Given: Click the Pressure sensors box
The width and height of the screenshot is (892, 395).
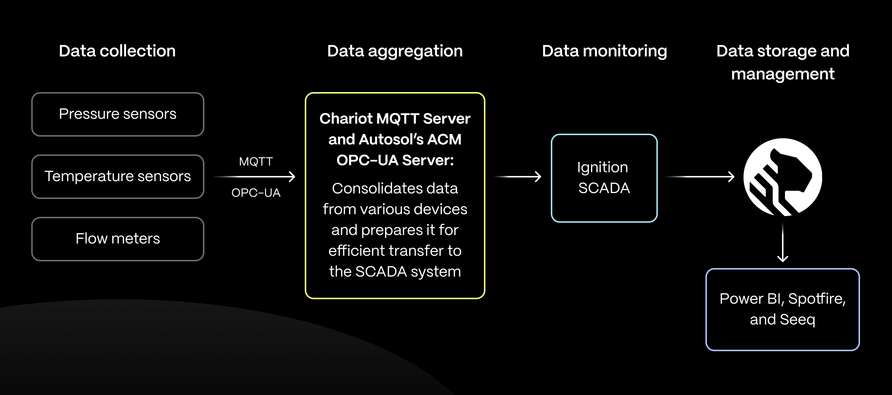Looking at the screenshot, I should (118, 114).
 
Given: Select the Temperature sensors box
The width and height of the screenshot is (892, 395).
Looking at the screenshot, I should (118, 177).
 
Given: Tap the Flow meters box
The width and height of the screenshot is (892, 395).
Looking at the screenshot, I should (118, 239).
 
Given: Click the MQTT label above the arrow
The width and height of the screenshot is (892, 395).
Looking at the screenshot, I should (256, 161).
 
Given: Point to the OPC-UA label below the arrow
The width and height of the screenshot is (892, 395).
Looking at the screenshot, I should (256, 193).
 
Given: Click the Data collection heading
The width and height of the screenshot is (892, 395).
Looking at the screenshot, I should (117, 51).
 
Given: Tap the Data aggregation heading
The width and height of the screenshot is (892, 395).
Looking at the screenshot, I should (395, 51).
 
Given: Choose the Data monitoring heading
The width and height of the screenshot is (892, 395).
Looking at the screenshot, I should (604, 51).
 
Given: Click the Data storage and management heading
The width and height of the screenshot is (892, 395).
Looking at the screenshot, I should (783, 62).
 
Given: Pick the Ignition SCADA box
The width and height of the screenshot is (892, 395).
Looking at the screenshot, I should (604, 178).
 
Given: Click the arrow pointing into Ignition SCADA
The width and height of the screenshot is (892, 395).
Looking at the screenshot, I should (518, 177).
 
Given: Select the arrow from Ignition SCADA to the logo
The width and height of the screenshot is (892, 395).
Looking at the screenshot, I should (700, 177).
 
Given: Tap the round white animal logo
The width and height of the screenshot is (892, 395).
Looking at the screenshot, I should (783, 177).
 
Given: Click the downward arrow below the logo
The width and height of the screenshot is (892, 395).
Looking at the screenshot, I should (783, 243).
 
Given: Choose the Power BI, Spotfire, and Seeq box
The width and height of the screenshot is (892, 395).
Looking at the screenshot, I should (782, 309).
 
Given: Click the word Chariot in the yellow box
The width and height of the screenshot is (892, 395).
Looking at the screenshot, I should (346, 119).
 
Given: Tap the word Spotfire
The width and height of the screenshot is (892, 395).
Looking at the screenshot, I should (817, 299).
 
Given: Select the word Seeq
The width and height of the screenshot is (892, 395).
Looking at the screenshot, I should (797, 320).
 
